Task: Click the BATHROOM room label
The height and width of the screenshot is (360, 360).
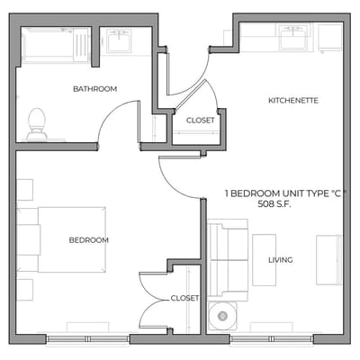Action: [x=95, y=89]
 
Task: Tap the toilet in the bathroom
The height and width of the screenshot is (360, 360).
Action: [x=37, y=124]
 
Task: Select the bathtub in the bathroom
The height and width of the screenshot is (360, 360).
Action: [x=56, y=45]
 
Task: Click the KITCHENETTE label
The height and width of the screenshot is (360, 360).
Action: [x=293, y=100]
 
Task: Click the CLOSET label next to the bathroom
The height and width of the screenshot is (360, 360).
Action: [x=200, y=121]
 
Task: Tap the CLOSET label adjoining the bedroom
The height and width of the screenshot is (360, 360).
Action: [x=184, y=298]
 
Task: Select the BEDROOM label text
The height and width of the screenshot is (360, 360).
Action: [x=89, y=240]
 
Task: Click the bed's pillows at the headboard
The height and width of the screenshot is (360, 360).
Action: [x=30, y=238]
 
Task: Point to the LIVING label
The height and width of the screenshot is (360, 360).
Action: [x=280, y=260]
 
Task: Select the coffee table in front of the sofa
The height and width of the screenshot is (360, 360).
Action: [x=264, y=261]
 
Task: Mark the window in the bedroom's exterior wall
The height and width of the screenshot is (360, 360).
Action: [x=87, y=338]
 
